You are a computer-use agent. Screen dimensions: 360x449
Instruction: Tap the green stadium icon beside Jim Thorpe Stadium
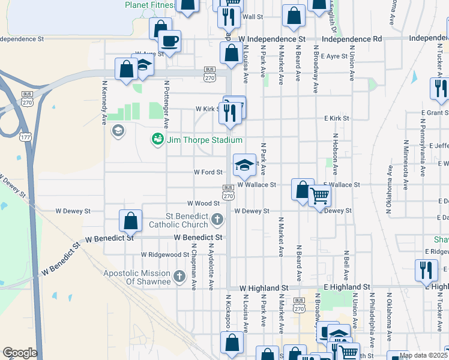pos(158,140)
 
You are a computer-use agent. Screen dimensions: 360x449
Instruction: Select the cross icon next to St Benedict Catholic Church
pos(217,220)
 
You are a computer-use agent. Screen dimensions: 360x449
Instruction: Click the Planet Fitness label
pos(149,5)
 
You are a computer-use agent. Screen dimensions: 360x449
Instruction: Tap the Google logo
pos(20,353)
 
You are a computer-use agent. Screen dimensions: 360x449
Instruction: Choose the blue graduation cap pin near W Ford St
pos(244,165)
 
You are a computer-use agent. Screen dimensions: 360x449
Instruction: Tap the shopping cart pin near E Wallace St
pos(319,195)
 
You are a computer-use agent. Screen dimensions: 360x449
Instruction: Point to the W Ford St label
pos(208,172)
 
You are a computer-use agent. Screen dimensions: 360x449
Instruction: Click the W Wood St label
pos(204,203)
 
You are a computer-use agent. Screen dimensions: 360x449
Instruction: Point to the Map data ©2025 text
pos(423,355)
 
